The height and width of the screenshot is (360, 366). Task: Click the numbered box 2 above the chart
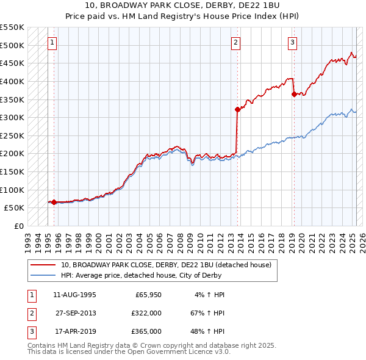(x=235, y=43)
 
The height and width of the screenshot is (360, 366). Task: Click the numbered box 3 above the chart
(x=293, y=43)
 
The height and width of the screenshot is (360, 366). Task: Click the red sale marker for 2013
(x=237, y=110)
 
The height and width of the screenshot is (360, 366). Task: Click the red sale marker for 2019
(x=294, y=94)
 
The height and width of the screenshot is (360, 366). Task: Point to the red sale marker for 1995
(x=54, y=202)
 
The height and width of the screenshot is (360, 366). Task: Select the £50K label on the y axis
(x=15, y=207)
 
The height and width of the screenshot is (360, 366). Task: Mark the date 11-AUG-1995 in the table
(x=75, y=295)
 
